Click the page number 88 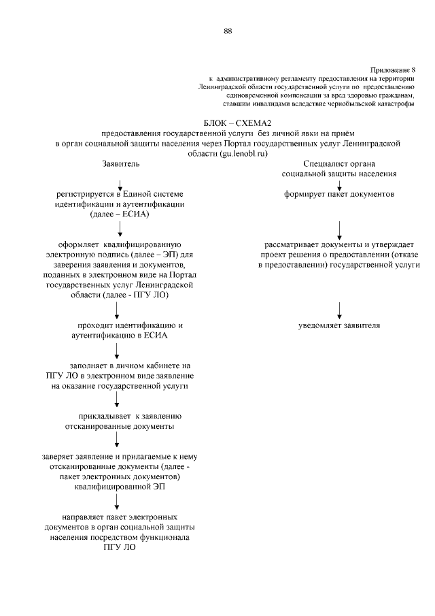coord(228,30)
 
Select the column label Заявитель coord(120,164)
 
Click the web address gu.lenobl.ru coord(239,154)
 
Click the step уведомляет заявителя coord(339,325)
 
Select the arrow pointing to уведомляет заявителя coord(339,309)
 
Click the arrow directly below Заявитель coord(120,182)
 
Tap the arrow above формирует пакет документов coord(339,182)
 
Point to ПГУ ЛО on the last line coord(120,547)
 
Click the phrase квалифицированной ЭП coord(120,487)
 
